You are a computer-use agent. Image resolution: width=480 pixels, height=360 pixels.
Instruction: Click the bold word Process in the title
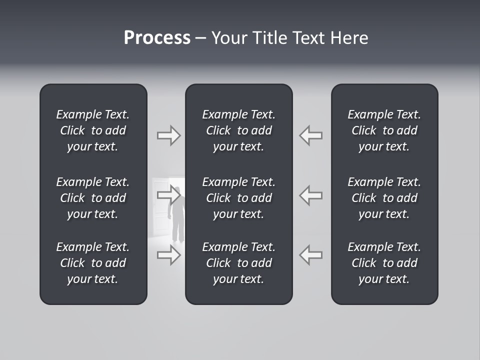point(157,38)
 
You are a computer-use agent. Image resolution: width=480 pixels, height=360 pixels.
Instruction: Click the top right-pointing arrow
point(168,135)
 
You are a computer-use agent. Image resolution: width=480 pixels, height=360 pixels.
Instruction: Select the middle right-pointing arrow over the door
point(168,195)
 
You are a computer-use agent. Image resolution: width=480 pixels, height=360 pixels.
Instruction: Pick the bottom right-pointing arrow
point(168,255)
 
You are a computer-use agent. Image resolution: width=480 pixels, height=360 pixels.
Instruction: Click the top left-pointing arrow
point(310,135)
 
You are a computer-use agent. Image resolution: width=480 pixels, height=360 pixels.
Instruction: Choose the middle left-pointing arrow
point(310,195)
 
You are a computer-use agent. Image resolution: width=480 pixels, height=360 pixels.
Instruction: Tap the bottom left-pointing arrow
point(310,255)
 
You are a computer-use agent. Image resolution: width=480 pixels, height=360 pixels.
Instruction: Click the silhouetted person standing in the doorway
point(177,220)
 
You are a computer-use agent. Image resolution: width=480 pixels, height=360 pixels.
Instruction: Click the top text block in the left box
point(93,130)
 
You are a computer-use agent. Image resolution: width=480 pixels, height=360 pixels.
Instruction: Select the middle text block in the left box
point(93,198)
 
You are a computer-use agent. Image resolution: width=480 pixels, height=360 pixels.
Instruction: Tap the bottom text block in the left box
point(93,263)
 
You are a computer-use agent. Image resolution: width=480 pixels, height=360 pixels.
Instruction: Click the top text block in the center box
point(238,130)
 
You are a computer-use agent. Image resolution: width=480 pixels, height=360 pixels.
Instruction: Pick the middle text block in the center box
point(238,198)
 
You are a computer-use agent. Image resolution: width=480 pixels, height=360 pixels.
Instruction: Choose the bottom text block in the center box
point(238,263)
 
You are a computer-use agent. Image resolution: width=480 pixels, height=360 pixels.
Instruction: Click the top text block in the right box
point(384,130)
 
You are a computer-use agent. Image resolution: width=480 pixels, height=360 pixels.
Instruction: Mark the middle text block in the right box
point(384,198)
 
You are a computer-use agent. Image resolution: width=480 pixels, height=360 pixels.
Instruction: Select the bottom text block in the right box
point(384,263)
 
